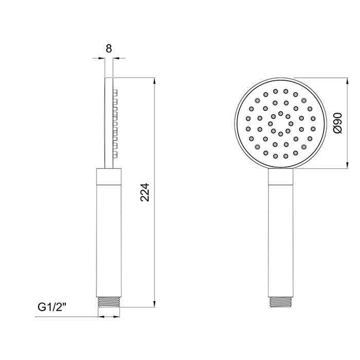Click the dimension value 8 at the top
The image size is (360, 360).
tap(109, 49)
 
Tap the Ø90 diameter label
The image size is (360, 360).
tap(337, 123)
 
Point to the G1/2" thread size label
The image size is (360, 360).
tap(53, 308)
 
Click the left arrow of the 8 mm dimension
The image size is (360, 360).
tap(102, 59)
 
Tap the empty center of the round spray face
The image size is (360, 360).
tap(281, 123)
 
